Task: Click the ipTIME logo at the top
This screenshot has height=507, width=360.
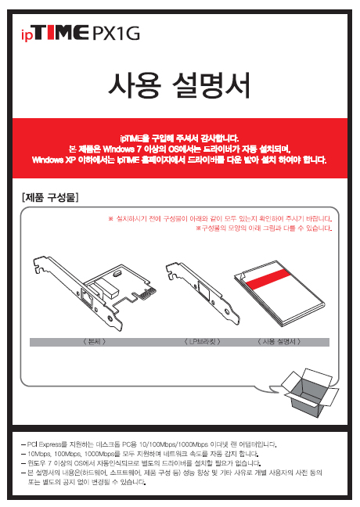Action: click(55, 34)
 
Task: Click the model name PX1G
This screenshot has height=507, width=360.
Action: click(117, 34)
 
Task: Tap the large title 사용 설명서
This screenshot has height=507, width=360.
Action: click(179, 86)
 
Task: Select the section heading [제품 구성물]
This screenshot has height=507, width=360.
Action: click(50, 197)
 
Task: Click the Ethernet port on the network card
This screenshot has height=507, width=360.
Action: click(88, 298)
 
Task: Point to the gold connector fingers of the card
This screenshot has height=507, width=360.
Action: click(148, 293)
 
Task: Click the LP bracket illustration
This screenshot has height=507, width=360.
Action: click(203, 293)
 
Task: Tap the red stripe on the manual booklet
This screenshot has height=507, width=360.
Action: click(268, 279)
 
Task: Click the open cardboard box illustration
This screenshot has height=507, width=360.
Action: click(310, 392)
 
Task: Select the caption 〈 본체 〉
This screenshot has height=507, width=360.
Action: click(95, 342)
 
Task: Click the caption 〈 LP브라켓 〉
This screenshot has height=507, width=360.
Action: click(203, 342)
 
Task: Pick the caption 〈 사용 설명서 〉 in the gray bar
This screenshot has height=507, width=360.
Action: click(279, 342)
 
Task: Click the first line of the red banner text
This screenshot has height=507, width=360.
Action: click(179, 138)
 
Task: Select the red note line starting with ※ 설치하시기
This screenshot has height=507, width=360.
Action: click(220, 219)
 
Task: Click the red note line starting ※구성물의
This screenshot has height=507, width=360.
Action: click(264, 228)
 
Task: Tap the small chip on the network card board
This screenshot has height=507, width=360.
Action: click(117, 274)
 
